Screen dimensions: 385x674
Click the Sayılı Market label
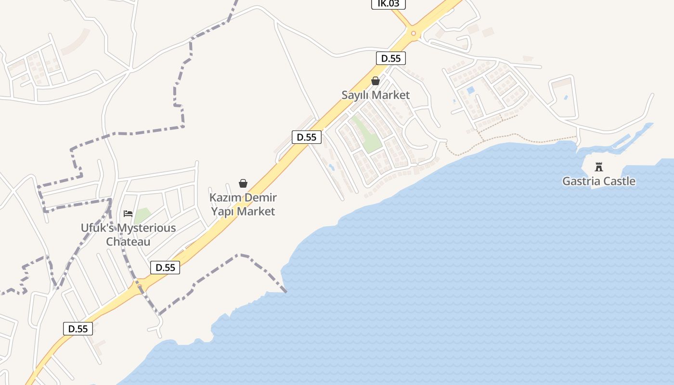(376, 95)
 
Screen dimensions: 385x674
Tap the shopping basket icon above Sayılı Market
(376, 81)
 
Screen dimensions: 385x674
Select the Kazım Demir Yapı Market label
(243, 205)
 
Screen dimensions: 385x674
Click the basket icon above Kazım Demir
(243, 183)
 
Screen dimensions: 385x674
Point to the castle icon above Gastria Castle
(599, 167)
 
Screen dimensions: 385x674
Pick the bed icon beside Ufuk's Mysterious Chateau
(128, 213)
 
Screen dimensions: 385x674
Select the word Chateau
(128, 242)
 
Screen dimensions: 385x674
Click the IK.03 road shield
(389, 4)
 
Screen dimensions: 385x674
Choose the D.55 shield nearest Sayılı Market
(390, 59)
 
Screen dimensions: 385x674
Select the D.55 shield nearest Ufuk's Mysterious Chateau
(165, 268)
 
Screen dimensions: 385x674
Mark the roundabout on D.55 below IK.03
(413, 33)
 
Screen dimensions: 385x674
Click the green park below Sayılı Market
(366, 135)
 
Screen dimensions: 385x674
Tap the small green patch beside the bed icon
(142, 215)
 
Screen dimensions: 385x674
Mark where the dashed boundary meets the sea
(285, 291)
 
